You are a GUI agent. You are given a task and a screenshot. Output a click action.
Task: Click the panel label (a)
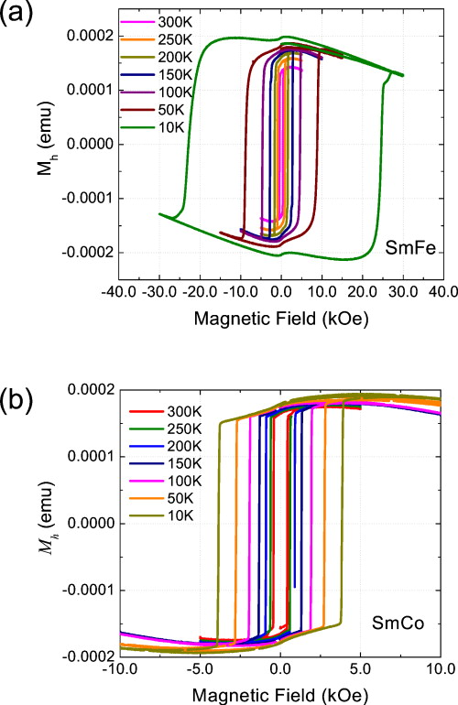[x=18, y=17]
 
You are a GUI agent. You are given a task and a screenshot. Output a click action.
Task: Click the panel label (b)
[x=18, y=400]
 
